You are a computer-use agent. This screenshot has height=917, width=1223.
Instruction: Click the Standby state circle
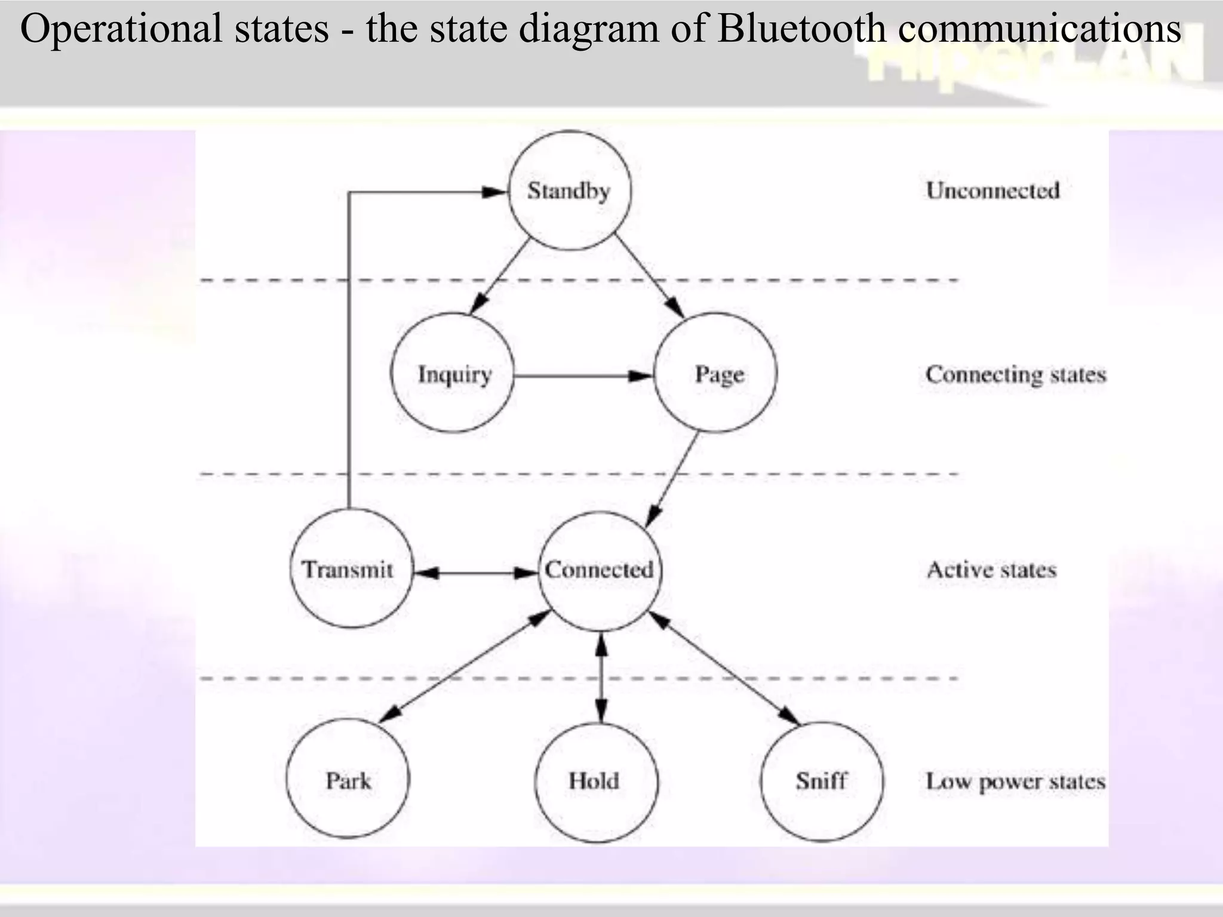[x=570, y=190]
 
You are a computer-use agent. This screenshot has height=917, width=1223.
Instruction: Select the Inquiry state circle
[x=453, y=373]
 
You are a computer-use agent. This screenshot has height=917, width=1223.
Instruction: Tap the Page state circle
[x=715, y=373]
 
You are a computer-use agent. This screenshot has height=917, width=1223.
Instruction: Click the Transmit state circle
[x=351, y=568]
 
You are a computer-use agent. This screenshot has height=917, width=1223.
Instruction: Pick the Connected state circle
[x=600, y=570]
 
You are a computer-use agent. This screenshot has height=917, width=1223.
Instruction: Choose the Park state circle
[x=348, y=780]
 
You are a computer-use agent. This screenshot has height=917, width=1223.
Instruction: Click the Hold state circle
[x=596, y=781]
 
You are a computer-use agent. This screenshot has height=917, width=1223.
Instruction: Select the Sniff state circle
[x=822, y=781]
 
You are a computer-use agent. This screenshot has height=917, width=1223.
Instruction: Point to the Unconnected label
[x=992, y=190]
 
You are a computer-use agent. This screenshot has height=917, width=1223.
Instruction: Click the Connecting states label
[x=1015, y=374]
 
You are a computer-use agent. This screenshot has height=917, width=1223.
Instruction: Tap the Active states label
[x=991, y=570]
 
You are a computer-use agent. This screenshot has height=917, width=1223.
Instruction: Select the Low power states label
[x=1015, y=781]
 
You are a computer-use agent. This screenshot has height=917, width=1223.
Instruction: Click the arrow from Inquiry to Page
[x=582, y=376]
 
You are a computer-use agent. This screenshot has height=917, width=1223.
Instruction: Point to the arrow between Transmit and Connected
[x=475, y=573]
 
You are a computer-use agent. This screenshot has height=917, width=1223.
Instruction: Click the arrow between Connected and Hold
[x=601, y=678]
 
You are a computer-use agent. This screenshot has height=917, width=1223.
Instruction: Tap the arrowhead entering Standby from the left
[x=494, y=192]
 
